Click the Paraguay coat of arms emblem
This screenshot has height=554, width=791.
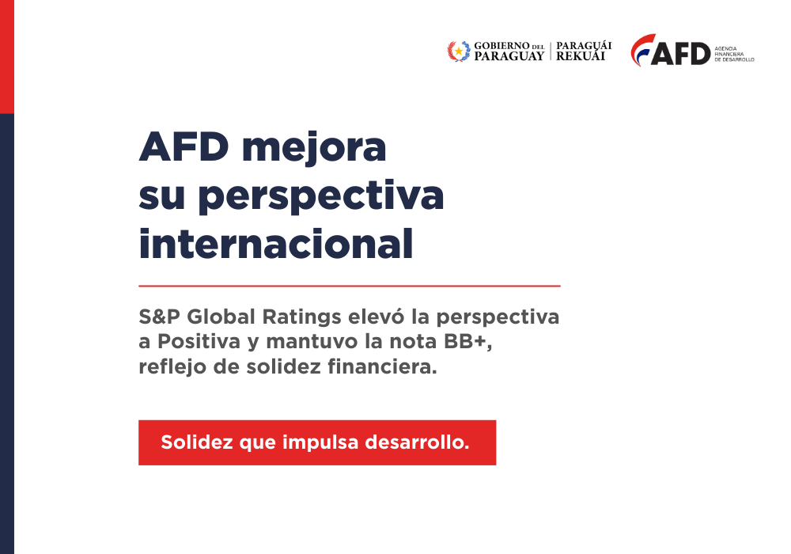[458, 51]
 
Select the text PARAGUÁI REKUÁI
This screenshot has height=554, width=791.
[584, 51]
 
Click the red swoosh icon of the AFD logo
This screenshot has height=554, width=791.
[642, 49]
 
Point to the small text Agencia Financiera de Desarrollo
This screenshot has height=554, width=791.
[734, 54]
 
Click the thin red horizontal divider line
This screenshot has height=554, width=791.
[349, 285]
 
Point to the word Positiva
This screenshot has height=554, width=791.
[198, 342]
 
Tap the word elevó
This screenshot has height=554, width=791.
[380, 317]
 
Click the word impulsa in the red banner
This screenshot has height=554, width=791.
[319, 442]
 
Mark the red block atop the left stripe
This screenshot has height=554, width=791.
[7, 55]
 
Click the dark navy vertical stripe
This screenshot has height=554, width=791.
[7, 332]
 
